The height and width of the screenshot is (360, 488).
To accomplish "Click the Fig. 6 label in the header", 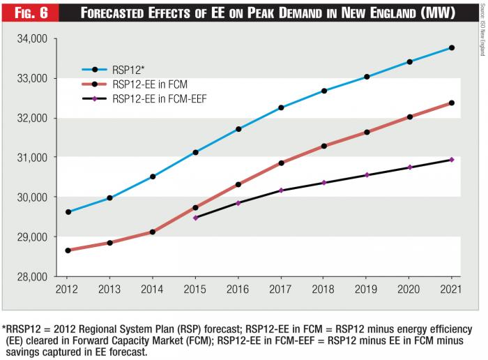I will (27, 13).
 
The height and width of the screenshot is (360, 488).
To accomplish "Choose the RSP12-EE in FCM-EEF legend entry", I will (158, 99).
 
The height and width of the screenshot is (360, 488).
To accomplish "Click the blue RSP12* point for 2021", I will (452, 47).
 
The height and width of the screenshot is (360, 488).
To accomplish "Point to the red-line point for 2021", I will (452, 103).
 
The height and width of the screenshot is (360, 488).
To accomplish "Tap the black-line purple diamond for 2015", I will (196, 218).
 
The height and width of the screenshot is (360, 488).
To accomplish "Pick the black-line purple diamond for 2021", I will (452, 160).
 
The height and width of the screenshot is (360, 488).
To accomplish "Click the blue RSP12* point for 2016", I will (238, 129).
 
